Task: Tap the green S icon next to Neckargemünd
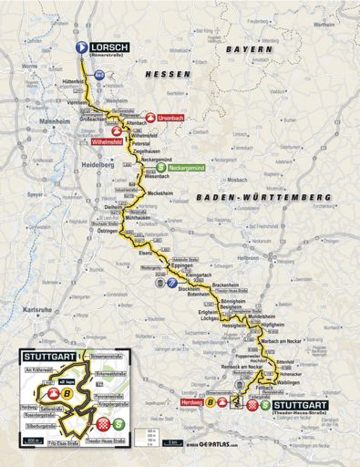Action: tap(160, 168)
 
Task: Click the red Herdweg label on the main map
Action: tap(190, 400)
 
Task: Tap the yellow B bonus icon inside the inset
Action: tap(68, 393)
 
